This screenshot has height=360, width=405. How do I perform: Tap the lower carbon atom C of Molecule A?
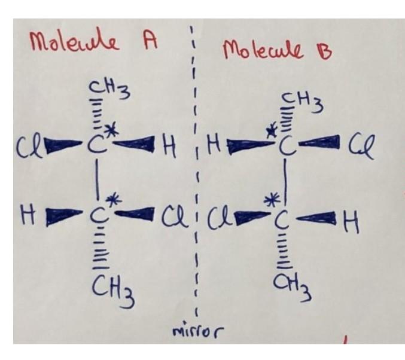click(x=98, y=214)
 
